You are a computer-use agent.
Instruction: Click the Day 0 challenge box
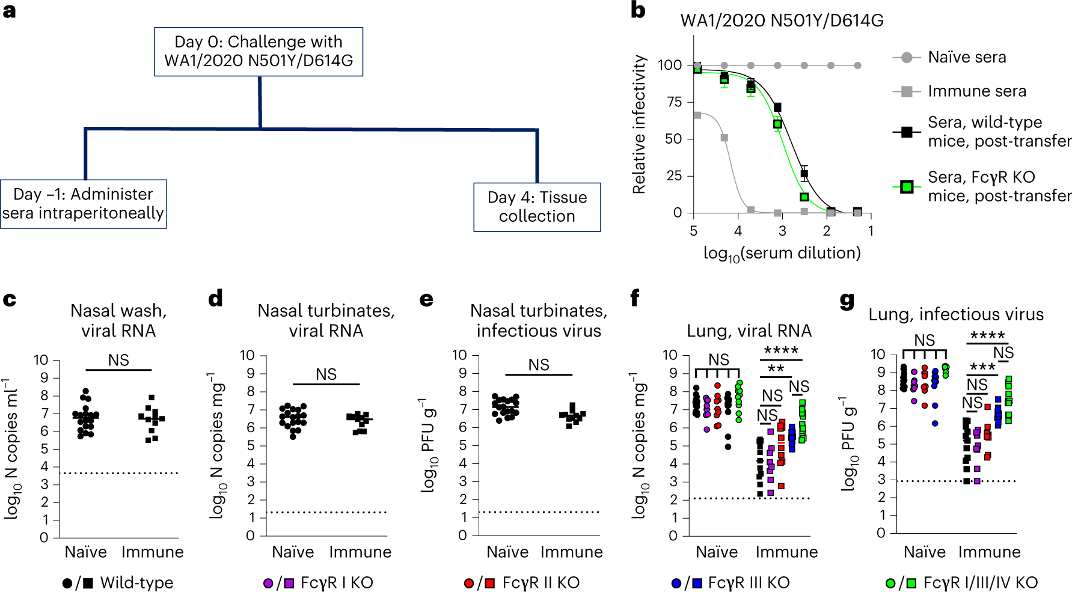259,52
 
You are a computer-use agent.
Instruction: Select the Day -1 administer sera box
83,204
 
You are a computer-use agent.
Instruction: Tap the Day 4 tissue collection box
537,207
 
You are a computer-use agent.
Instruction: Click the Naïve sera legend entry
966,57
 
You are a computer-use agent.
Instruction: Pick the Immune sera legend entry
976,91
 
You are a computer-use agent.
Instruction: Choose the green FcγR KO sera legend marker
907,186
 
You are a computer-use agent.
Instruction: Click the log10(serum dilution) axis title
782,253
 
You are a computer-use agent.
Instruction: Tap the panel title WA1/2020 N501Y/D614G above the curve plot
782,21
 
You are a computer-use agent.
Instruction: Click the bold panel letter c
10,299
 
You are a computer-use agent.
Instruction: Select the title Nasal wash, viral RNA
118,320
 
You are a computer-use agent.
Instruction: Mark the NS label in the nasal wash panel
118,360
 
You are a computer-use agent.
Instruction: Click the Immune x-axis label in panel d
360,552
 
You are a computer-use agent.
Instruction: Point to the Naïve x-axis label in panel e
507,552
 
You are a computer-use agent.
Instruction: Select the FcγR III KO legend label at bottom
749,582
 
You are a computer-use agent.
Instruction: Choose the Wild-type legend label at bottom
136,582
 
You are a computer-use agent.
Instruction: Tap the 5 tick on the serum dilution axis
694,231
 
